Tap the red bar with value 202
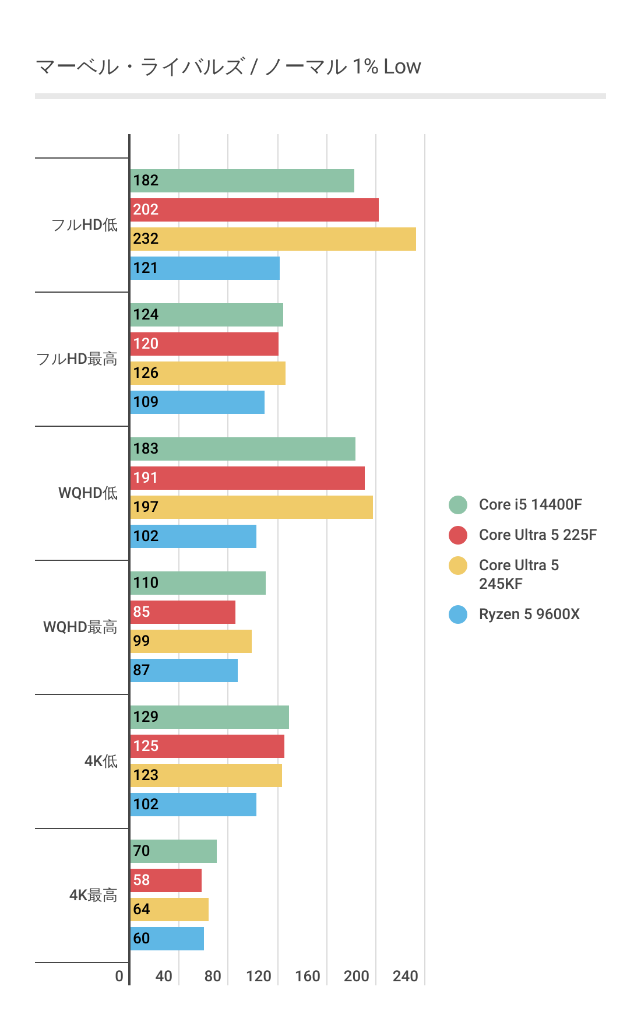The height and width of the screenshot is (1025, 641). [254, 210]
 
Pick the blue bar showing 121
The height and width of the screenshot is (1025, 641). [205, 268]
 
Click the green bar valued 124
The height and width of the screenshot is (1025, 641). [206, 315]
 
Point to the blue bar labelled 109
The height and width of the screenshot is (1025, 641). [197, 402]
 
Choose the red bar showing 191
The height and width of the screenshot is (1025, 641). [247, 478]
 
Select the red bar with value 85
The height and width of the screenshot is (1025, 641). [182, 612]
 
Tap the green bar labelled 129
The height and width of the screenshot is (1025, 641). [209, 717]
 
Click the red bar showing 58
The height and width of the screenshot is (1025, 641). [165, 880]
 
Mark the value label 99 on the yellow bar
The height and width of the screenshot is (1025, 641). [142, 641]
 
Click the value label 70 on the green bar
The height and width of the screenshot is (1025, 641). [142, 851]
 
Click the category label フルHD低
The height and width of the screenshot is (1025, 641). [84, 225]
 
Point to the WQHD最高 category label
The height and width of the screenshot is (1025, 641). [80, 627]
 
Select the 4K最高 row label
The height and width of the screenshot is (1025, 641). [93, 896]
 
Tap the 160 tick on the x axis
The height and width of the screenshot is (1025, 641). [308, 976]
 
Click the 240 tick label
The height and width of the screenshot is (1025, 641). [406, 976]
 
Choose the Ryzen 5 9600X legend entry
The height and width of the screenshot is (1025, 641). [529, 615]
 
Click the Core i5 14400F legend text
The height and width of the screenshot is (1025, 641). [530, 505]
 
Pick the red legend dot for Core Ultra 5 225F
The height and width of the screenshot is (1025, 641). [458, 535]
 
